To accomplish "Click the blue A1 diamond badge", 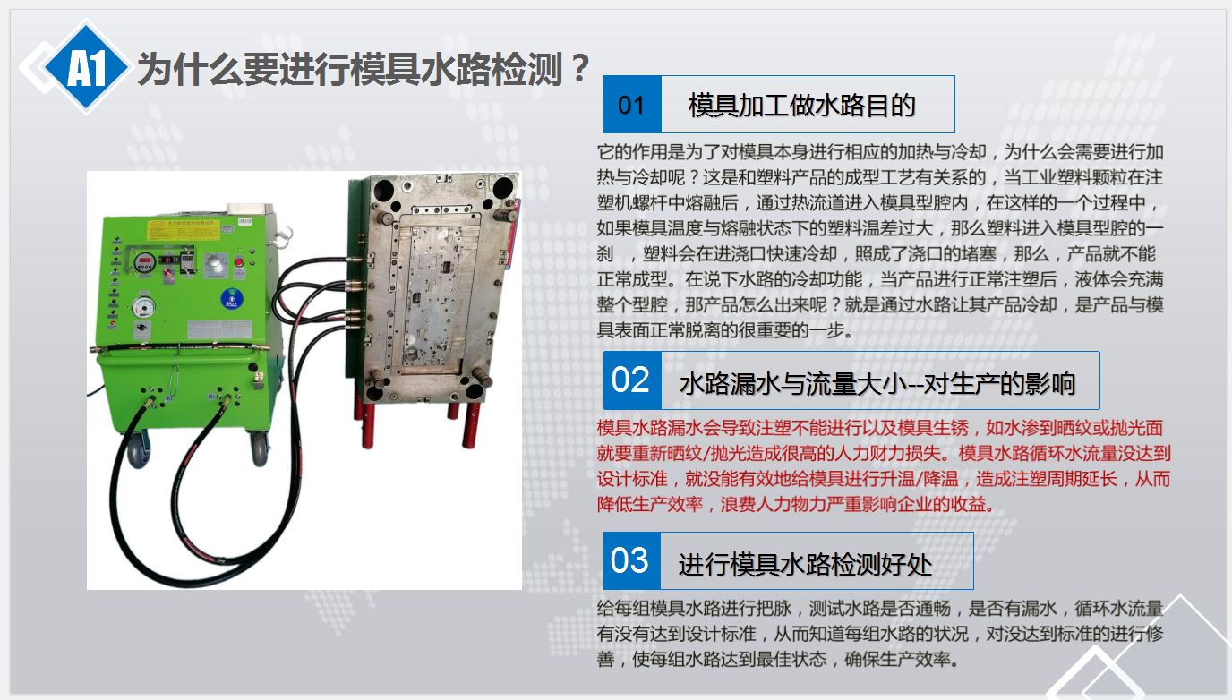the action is pyautogui.click(x=86, y=67).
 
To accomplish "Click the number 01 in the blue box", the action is pyautogui.click(x=631, y=105).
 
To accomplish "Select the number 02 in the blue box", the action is pyautogui.click(x=630, y=380).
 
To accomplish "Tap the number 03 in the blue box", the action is pyautogui.click(x=629, y=560).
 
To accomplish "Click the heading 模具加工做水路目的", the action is pyautogui.click(x=802, y=105).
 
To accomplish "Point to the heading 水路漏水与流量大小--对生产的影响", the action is pyautogui.click(x=877, y=383).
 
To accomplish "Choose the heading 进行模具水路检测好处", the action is pyautogui.click(x=805, y=565).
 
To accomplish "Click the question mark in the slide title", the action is pyautogui.click(x=579, y=68).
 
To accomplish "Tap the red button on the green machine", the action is pyautogui.click(x=239, y=261).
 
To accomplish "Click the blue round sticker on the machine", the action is pyautogui.click(x=231, y=299).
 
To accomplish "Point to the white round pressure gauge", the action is pyautogui.click(x=143, y=307).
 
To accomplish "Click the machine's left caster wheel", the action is pyautogui.click(x=137, y=448).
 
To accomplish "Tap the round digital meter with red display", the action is pyautogui.click(x=145, y=262).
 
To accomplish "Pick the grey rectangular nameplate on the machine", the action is pyautogui.click(x=220, y=329).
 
